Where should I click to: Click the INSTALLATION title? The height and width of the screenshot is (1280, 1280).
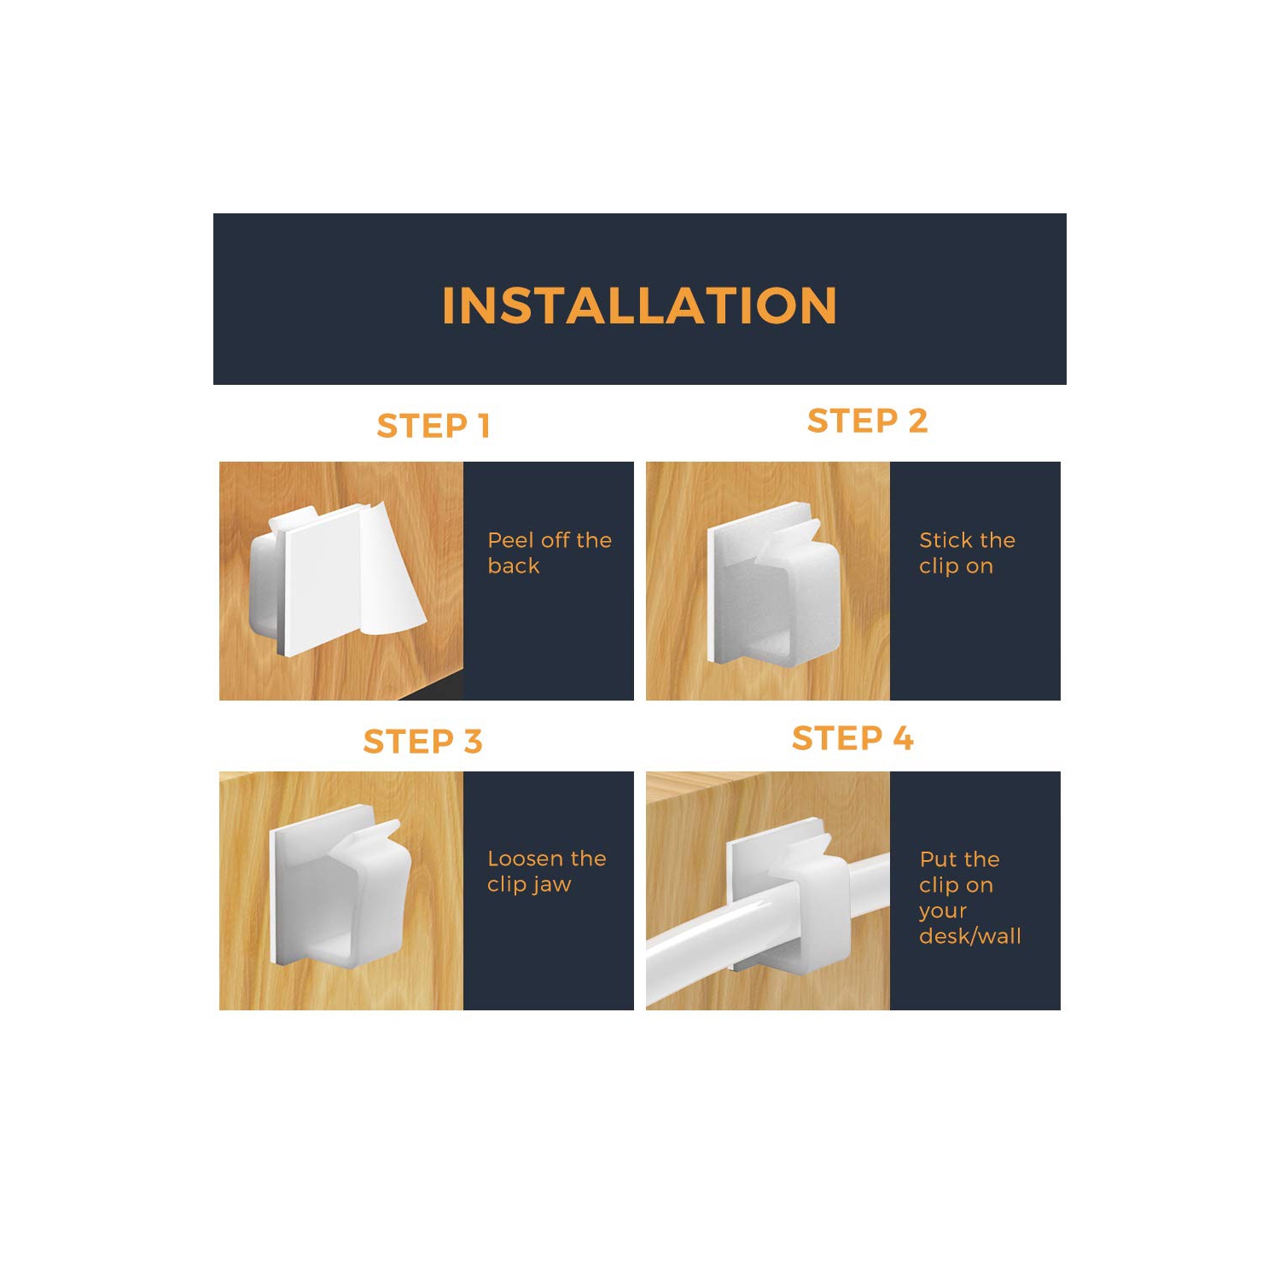[639, 305]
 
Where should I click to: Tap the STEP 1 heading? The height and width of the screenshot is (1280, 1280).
[433, 426]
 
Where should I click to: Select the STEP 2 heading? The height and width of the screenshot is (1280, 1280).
[867, 421]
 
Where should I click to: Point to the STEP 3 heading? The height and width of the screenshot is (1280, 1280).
[422, 742]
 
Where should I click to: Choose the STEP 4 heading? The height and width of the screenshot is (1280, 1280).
[852, 738]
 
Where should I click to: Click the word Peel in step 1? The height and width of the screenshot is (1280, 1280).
[511, 540]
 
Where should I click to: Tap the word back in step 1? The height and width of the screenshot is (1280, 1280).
[514, 566]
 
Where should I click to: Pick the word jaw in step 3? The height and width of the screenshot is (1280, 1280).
[552, 886]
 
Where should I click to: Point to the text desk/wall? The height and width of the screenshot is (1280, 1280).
[970, 936]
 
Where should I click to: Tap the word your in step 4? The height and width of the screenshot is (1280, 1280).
[943, 911]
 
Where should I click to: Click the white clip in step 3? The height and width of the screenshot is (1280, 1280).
[340, 887]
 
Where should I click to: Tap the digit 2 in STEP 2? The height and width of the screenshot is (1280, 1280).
[917, 421]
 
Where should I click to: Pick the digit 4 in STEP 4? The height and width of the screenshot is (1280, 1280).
[903, 738]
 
